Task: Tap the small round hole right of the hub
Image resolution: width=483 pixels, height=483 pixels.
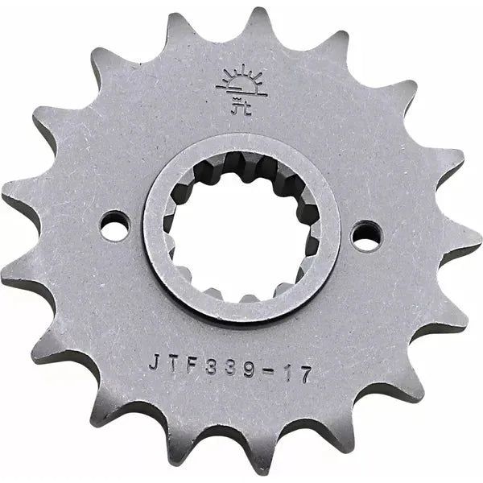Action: (366, 234)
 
